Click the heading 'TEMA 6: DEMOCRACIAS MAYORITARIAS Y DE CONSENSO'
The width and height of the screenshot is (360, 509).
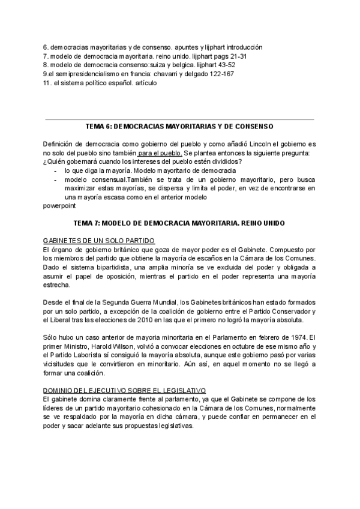point(180,127)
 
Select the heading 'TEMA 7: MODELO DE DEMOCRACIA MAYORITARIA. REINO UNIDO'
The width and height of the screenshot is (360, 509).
point(180,223)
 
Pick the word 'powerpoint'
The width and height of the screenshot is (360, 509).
point(59,205)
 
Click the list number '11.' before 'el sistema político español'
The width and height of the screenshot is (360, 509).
point(47,83)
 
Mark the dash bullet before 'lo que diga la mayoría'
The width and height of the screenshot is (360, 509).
point(55,170)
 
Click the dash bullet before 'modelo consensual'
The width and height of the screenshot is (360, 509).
point(55,179)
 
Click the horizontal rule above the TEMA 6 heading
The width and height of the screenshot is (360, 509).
point(180,119)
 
